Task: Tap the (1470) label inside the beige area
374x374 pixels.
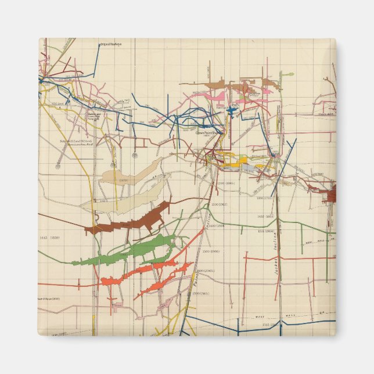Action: click(x=123, y=181)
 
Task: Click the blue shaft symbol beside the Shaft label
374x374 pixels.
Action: click(x=231, y=110)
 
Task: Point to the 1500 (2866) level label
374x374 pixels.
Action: click(x=211, y=251)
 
